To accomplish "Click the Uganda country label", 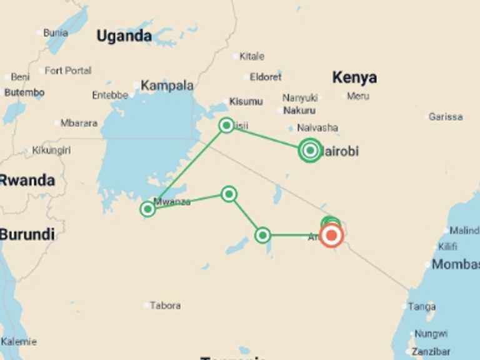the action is [x=124, y=36].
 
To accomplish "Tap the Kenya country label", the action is [x=354, y=77].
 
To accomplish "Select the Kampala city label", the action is [x=167, y=86].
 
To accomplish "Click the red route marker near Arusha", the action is [x=331, y=236].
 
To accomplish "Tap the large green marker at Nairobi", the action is [x=310, y=150].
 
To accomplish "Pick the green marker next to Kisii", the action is [x=227, y=125].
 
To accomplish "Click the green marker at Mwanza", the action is [x=148, y=209].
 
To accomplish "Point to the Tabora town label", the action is [x=165, y=306].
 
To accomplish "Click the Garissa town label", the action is [x=446, y=117].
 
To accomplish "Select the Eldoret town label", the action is [x=266, y=77].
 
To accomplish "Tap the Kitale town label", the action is [x=252, y=56].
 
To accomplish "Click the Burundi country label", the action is [x=27, y=235].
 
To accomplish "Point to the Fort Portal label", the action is [x=67, y=71].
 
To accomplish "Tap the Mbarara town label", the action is [x=79, y=123].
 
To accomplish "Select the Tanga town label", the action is [x=422, y=306].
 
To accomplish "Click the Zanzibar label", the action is [x=431, y=351].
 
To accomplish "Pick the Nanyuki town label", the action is [x=300, y=97].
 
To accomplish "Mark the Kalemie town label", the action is [x=19, y=342].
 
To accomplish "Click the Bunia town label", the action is [x=55, y=32].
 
